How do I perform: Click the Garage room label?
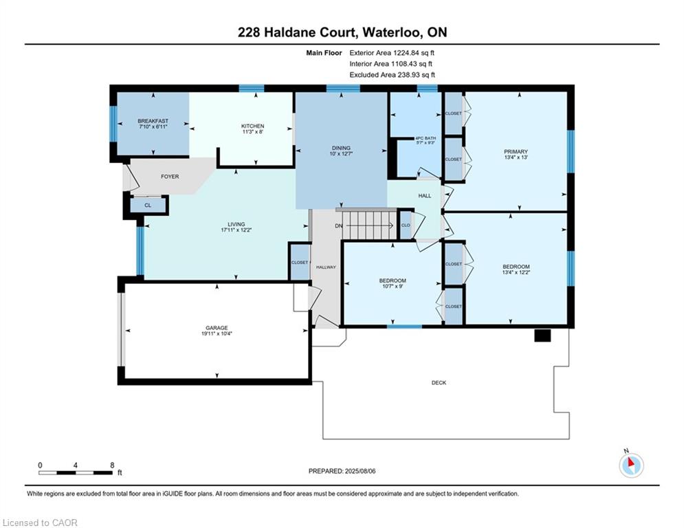217,328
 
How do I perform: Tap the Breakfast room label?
153,121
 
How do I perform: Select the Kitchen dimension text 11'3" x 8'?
252,131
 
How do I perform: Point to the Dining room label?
341,148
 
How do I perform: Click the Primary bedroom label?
516,151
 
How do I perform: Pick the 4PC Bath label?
426,138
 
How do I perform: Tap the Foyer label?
170,176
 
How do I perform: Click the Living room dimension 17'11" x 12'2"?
236,230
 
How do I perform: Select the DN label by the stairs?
339,225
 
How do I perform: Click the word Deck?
439,383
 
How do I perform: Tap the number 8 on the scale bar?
113,465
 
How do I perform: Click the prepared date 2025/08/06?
360,471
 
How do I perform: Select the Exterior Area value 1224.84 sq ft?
414,53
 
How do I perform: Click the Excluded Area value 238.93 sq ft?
416,75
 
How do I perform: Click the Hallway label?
326,267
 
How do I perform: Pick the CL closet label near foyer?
148,205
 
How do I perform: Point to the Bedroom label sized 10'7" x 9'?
393,280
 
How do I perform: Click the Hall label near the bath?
424,196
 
